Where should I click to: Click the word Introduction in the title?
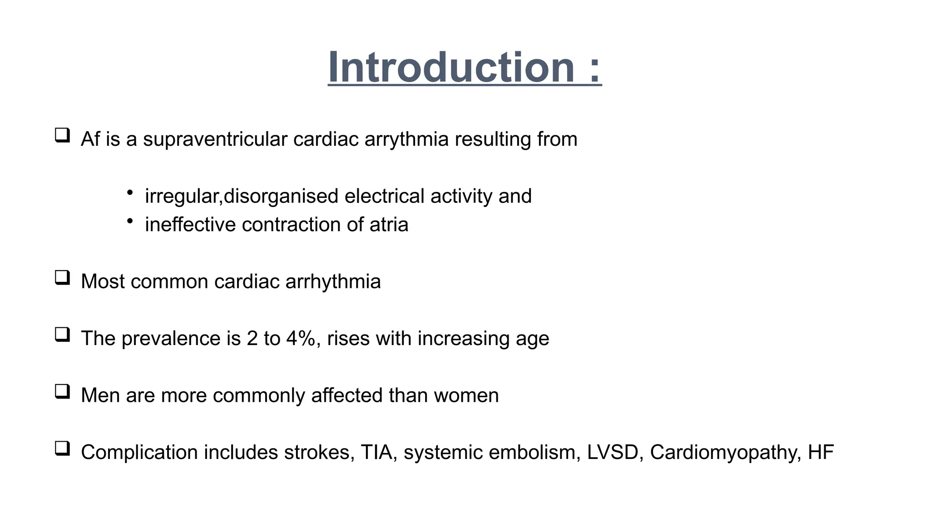451,67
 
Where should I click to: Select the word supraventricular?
215,139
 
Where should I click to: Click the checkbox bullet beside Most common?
62,278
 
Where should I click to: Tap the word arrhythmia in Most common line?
333,282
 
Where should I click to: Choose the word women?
466,395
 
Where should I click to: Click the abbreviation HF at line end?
821,453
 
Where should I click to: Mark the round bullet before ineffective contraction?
130,221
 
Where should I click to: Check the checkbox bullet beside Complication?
62,449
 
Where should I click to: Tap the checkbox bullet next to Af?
62,135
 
